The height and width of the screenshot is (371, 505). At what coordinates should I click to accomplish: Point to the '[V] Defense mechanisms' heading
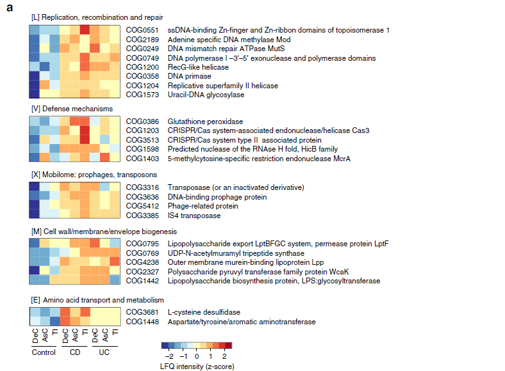coord(72,109)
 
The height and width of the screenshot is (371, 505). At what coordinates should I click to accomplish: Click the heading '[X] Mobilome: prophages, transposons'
coord(94,174)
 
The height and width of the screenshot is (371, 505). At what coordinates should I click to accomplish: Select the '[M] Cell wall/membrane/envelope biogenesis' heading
coord(104,231)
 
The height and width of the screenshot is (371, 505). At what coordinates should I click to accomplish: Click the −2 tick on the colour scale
coord(169,356)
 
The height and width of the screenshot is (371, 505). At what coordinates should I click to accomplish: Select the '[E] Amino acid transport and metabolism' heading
coord(97,299)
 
